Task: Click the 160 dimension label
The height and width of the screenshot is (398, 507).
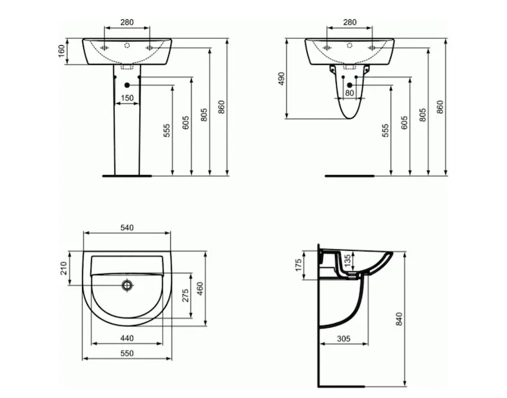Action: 62,51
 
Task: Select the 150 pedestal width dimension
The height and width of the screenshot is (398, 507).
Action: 127,98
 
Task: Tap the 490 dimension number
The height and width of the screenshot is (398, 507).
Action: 281,79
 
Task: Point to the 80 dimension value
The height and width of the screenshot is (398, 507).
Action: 349,93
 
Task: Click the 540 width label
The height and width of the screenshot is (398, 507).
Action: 127,228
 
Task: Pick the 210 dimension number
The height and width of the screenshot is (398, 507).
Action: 64,269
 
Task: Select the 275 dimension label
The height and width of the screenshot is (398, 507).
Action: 185,296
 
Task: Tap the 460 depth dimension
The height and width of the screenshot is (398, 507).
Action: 200,289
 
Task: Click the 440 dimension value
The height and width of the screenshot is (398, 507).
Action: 127,338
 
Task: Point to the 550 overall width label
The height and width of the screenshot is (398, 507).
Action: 127,354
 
